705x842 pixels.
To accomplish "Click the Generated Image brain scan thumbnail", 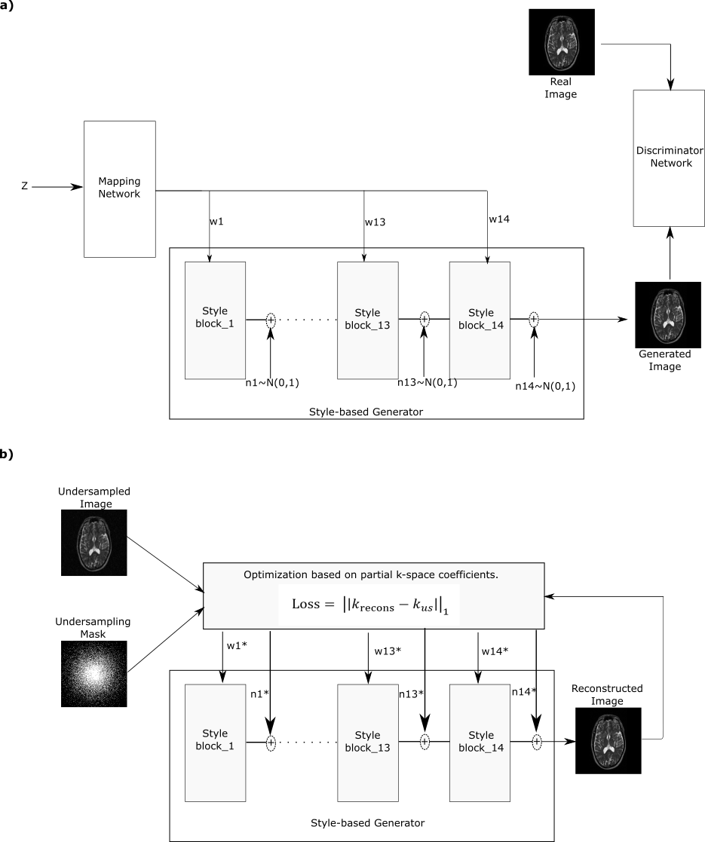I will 667,314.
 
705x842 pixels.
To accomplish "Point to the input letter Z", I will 24,185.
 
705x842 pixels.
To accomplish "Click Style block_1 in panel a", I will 215,320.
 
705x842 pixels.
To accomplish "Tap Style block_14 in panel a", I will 480,320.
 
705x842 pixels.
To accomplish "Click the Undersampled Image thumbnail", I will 93,542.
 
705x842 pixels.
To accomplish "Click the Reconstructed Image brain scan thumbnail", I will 608,740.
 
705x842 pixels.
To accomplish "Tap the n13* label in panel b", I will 411,694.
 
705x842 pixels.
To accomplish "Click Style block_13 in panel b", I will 367,742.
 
